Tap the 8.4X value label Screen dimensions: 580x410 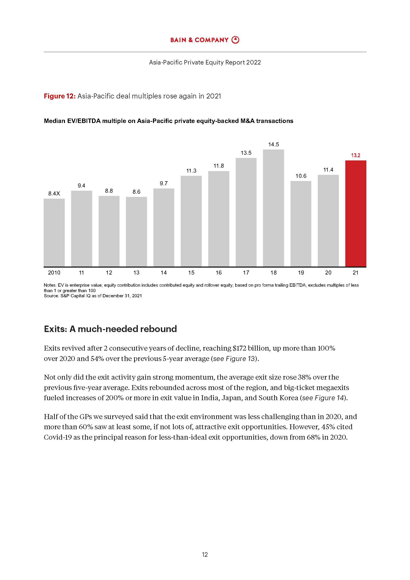[54, 193]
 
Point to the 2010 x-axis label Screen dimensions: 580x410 [54, 273]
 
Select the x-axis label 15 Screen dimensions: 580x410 [191, 273]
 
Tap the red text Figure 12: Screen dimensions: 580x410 [59, 96]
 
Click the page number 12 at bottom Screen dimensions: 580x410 [205, 554]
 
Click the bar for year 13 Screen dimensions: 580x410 [136, 231]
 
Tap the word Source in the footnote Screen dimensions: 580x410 [51, 296]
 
